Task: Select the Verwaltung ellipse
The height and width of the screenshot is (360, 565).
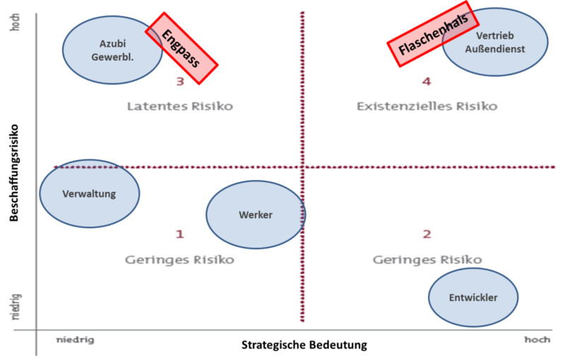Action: (x=89, y=193)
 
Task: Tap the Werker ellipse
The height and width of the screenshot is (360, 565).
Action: (x=256, y=215)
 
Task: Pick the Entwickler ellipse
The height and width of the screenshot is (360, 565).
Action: (x=473, y=297)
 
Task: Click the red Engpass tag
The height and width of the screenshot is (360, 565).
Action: (x=182, y=49)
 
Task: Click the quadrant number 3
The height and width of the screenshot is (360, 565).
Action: (x=180, y=82)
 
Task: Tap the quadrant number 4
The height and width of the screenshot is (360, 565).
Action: (x=426, y=82)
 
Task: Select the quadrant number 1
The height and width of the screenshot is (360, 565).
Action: (x=179, y=234)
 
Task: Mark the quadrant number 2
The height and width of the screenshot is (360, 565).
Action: (x=427, y=234)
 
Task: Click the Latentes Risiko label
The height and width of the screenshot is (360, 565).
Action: (x=180, y=107)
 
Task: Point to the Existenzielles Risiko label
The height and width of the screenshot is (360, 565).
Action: (x=427, y=107)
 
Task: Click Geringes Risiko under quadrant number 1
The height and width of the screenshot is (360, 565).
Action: (x=179, y=260)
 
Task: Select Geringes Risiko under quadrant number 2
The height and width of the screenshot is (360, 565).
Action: (x=427, y=260)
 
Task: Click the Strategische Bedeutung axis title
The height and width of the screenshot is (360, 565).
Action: (x=304, y=345)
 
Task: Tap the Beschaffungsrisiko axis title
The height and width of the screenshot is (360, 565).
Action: (x=14, y=174)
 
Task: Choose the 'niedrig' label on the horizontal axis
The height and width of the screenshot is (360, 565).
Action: (x=75, y=340)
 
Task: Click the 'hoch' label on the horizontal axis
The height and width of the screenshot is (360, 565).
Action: (x=537, y=340)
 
